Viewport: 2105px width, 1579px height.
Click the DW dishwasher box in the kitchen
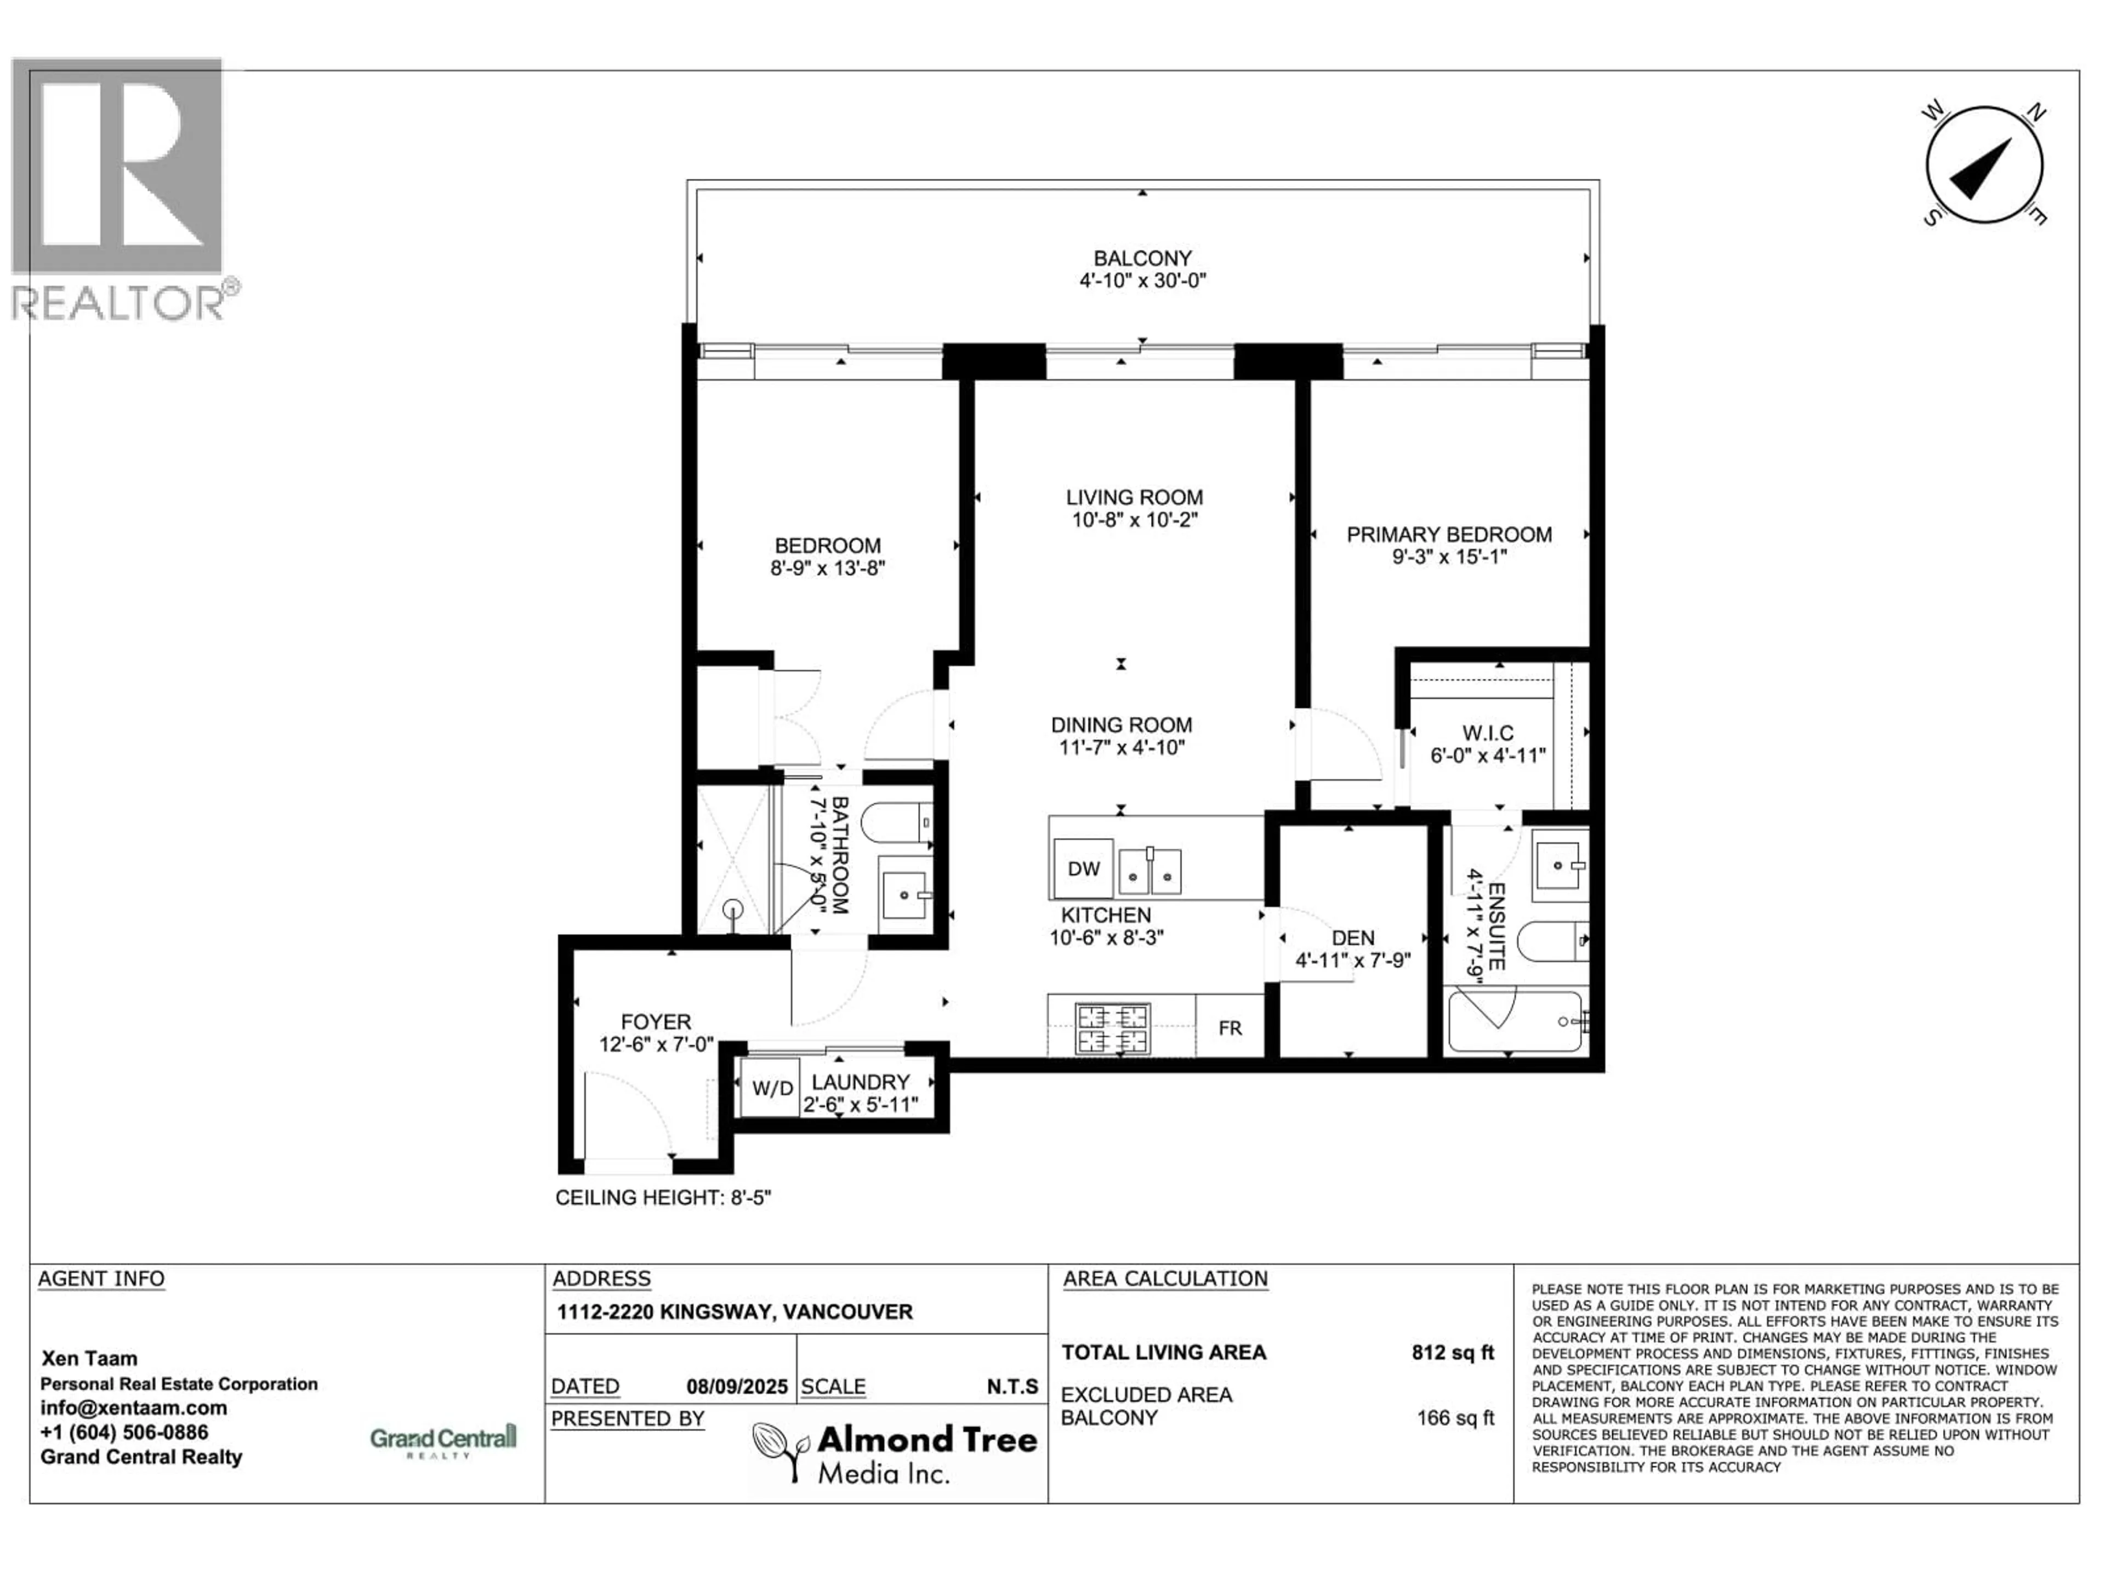[x=1083, y=868]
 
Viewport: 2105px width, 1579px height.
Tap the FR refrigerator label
[x=1230, y=1028]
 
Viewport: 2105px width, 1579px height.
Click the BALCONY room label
[x=1142, y=258]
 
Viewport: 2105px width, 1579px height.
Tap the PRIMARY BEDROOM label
[x=1448, y=535]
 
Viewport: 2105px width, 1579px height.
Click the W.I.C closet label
[x=1487, y=733]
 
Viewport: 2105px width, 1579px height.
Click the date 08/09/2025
[x=737, y=1387]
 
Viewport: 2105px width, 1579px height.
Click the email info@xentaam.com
[x=133, y=1408]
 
